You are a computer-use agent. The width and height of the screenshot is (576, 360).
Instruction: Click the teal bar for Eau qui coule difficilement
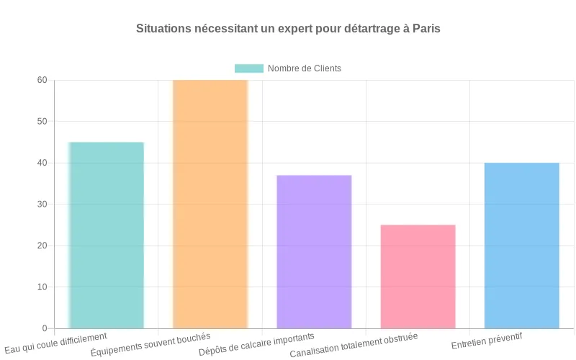pyautogui.click(x=107, y=235)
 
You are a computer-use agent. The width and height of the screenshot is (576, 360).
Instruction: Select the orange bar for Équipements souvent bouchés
pyautogui.click(x=210, y=204)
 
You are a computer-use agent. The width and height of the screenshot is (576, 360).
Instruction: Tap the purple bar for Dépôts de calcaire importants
pyautogui.click(x=314, y=252)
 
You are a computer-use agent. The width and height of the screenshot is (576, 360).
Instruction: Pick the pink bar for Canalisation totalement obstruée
pyautogui.click(x=418, y=276)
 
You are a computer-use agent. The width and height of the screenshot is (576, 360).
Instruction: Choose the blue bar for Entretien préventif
pyautogui.click(x=521, y=246)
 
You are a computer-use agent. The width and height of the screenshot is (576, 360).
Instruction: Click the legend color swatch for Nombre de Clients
pyautogui.click(x=249, y=68)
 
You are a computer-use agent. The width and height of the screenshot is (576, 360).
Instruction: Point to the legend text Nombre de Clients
pyautogui.click(x=304, y=68)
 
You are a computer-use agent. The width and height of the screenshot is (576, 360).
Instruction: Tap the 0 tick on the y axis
pyautogui.click(x=45, y=328)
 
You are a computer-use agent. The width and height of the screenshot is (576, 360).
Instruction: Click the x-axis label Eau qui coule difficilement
pyautogui.click(x=56, y=342)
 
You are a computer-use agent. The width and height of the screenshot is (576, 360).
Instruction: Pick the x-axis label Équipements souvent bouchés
pyautogui.click(x=150, y=345)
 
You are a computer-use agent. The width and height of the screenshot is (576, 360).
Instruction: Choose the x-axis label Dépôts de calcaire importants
pyautogui.click(x=256, y=345)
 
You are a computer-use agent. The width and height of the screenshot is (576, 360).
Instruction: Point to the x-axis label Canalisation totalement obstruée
pyautogui.click(x=354, y=346)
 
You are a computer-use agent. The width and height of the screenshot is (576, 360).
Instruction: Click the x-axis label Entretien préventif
pyautogui.click(x=487, y=341)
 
